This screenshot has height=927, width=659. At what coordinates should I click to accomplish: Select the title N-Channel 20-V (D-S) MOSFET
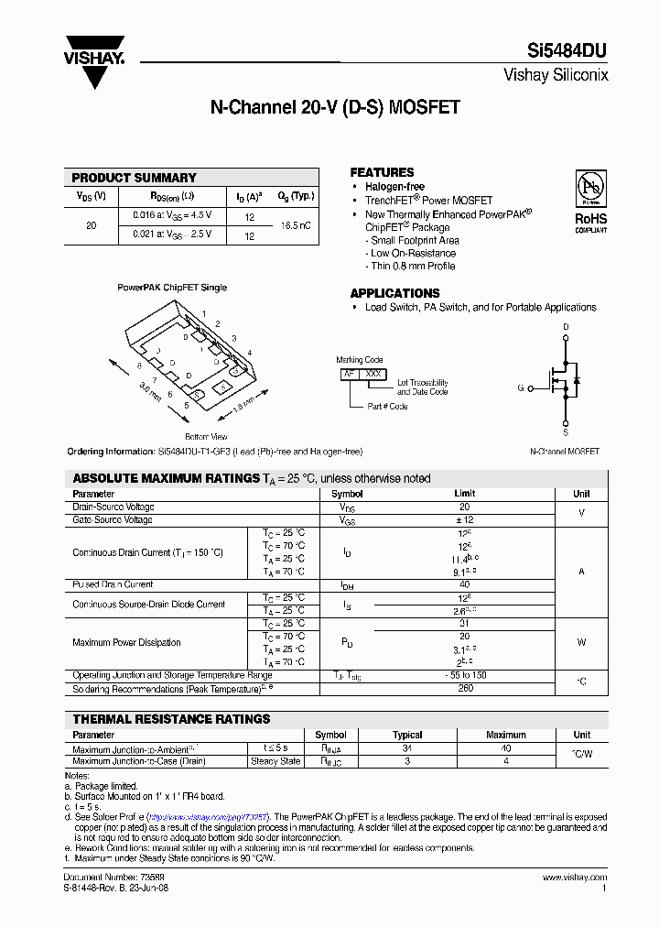coord(335,107)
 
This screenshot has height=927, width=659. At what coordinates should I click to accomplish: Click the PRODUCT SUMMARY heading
coord(134,178)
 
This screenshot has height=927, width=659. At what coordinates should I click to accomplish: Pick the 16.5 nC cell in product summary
coord(296,224)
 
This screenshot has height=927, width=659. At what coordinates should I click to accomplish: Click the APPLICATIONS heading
coord(394,293)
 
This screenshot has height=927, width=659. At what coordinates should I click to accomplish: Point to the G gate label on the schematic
coord(521,388)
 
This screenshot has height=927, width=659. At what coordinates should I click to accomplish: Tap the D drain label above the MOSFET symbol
coord(566,327)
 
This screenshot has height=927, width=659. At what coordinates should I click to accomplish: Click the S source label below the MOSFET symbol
coord(565,431)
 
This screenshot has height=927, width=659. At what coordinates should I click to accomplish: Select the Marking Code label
coord(360,360)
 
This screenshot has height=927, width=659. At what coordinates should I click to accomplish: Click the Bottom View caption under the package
coord(206,437)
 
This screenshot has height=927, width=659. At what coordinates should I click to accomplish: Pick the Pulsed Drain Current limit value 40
coord(465,584)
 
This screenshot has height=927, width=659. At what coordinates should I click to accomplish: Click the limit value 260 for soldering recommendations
coord(465,688)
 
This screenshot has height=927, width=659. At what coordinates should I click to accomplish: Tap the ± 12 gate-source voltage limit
coord(465,520)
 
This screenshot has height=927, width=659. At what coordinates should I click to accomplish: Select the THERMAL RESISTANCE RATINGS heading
coord(171,719)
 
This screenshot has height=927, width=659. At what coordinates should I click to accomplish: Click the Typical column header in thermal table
coord(407,735)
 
